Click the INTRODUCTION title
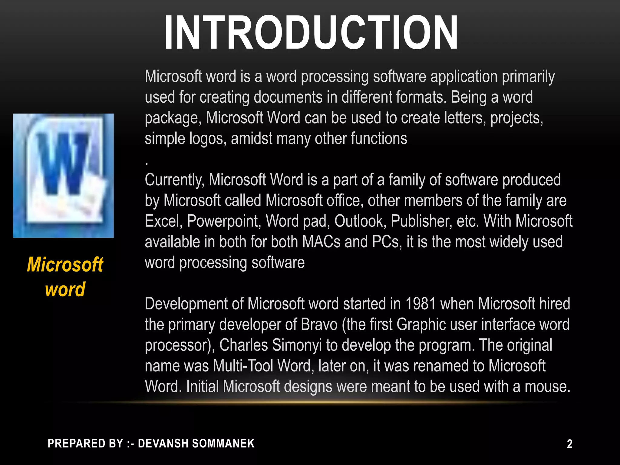[311, 33]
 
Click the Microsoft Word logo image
[63, 176]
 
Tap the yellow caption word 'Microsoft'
[65, 265]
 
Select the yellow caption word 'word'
[65, 289]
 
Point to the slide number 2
[569, 444]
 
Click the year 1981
[420, 304]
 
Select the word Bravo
[319, 325]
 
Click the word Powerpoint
[224, 221]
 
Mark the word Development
[186, 304]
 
